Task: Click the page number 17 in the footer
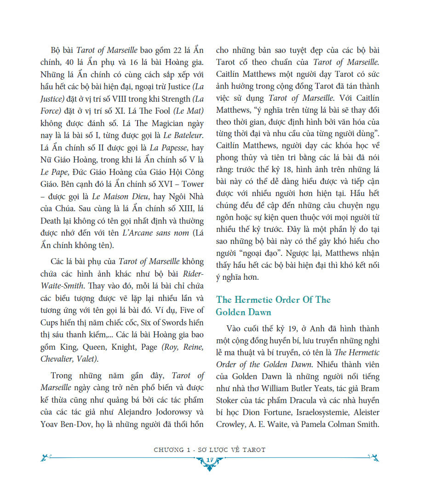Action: pos(209,461)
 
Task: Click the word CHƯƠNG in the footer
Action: pos(169,450)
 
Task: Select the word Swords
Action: pos(163,324)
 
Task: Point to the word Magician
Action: pos(155,124)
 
